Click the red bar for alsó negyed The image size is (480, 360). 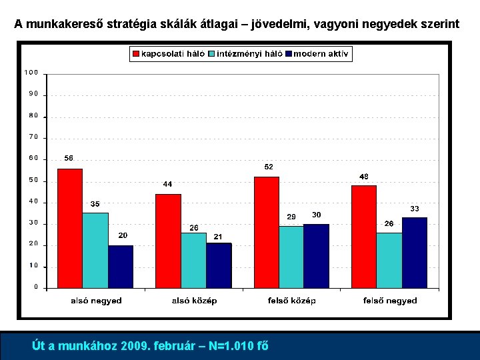[x=70, y=228]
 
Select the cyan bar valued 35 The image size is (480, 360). [x=95, y=250]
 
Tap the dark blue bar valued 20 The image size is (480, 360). [x=121, y=266]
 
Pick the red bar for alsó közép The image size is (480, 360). [x=168, y=241]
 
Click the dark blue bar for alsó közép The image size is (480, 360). [x=219, y=265]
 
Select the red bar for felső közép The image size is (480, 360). [x=266, y=232]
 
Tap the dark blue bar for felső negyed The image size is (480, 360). [x=414, y=253]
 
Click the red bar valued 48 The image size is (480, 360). [x=364, y=236]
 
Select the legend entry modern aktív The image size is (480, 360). [x=321, y=54]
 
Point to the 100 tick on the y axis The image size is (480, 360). [x=31, y=73]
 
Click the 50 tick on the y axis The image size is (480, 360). [x=33, y=181]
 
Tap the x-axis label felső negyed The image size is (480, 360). [x=390, y=301]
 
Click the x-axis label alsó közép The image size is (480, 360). [x=194, y=301]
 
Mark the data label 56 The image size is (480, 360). [x=69, y=159]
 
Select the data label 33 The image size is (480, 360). [x=414, y=209]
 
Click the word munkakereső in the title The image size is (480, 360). [x=67, y=25]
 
